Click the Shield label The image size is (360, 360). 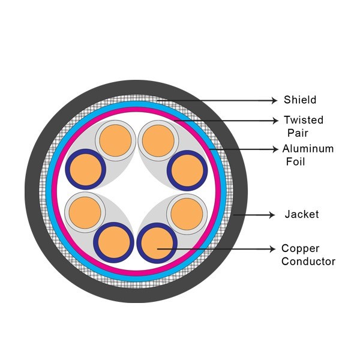click(300, 100)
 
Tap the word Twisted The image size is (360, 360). click(304, 119)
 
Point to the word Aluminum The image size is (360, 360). click(308, 149)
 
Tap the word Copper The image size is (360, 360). click(301, 248)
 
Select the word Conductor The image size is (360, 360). click(308, 261)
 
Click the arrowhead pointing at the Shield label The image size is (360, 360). click(275, 100)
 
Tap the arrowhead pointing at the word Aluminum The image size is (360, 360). click(275, 149)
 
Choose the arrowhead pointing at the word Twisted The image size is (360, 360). click(275, 119)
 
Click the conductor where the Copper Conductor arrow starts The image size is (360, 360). click(156, 243)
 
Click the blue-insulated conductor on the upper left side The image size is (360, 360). click(85, 170)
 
